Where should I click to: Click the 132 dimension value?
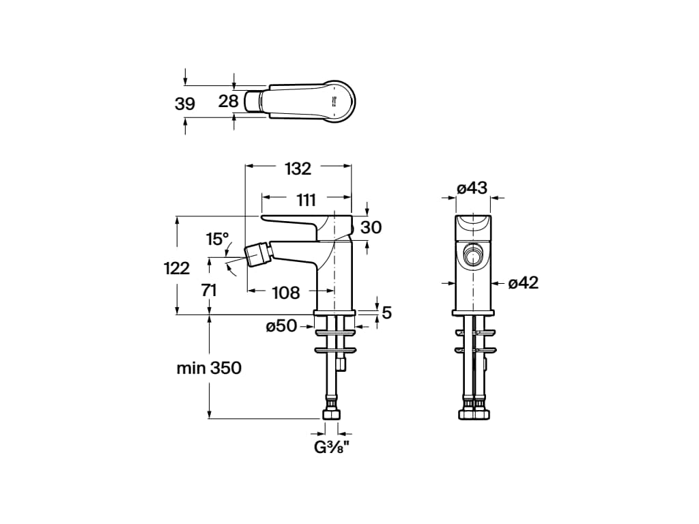pyautogui.click(x=298, y=169)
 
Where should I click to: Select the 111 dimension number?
pyautogui.click(x=306, y=200)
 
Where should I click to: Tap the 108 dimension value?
pyautogui.click(x=286, y=293)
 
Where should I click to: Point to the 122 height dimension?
pyautogui.click(x=177, y=268)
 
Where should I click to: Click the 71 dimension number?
pyautogui.click(x=209, y=291)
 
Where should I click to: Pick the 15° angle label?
pyautogui.click(x=217, y=239)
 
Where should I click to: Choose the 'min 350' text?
pyautogui.click(x=209, y=368)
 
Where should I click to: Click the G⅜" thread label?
pyautogui.click(x=331, y=447)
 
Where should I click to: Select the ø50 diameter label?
pyautogui.click(x=281, y=326)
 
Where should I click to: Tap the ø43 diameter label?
pyautogui.click(x=472, y=188)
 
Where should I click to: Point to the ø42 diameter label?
pyautogui.click(x=524, y=282)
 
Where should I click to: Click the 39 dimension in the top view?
pyautogui.click(x=184, y=104)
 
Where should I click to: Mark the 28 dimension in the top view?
pyautogui.click(x=228, y=101)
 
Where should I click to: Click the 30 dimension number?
pyautogui.click(x=371, y=227)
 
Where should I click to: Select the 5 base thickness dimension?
pyautogui.click(x=387, y=312)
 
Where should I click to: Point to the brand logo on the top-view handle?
pyautogui.click(x=334, y=101)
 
